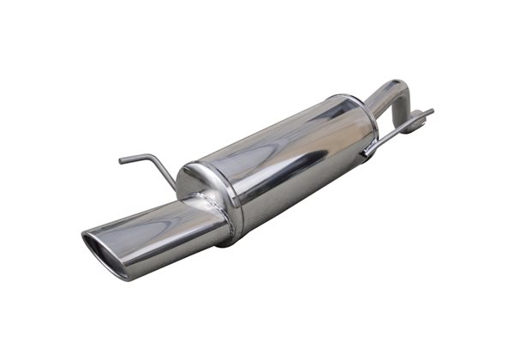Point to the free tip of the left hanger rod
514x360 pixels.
121,159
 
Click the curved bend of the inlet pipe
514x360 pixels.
401,88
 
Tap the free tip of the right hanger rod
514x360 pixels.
430,111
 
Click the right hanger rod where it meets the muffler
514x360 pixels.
367,153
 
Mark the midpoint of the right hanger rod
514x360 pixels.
397,131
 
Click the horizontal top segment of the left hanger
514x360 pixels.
135,158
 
